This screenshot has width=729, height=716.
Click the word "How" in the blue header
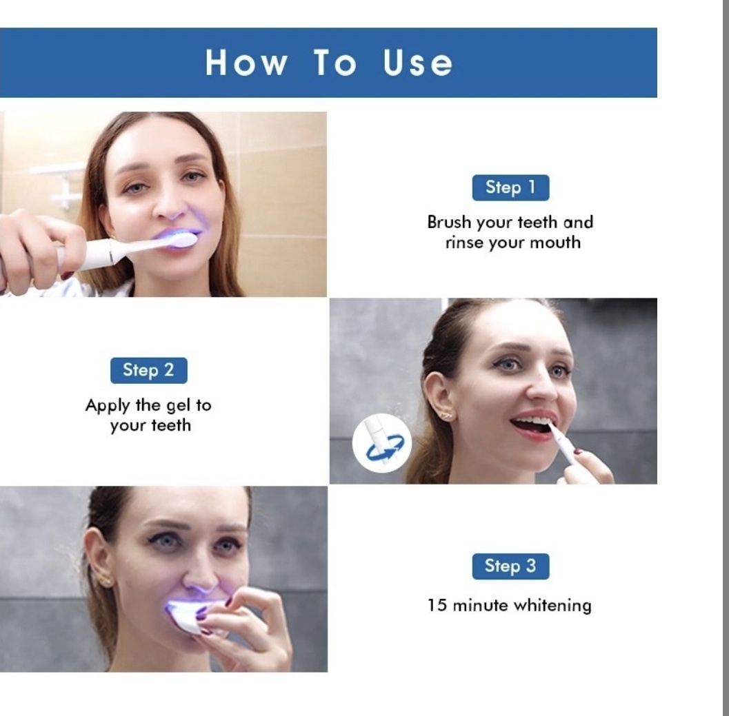(x=246, y=62)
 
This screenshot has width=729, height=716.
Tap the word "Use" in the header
(x=417, y=62)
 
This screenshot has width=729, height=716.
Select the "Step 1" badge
(x=510, y=187)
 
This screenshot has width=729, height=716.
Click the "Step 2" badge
(x=149, y=370)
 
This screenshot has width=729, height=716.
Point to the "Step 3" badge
(x=510, y=566)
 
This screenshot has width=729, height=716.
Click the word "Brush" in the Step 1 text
(x=449, y=222)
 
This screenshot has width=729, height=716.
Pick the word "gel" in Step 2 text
(x=179, y=406)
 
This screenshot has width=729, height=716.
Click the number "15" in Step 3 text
(x=437, y=605)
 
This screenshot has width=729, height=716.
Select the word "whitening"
(x=552, y=606)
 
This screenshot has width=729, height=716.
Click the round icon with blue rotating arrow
(x=381, y=443)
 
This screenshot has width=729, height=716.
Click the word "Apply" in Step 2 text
(x=108, y=406)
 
